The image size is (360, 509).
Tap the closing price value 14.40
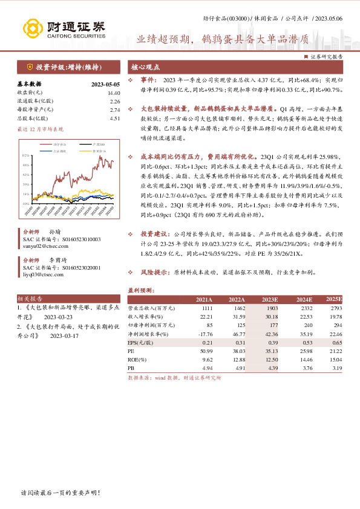click(x=114, y=92)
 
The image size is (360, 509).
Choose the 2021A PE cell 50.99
click(x=205, y=350)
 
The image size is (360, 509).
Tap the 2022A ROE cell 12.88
click(x=237, y=358)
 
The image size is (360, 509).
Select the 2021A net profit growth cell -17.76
click(x=204, y=333)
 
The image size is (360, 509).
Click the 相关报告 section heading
click(x=30, y=299)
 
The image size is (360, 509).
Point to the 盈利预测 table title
click(x=140, y=290)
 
